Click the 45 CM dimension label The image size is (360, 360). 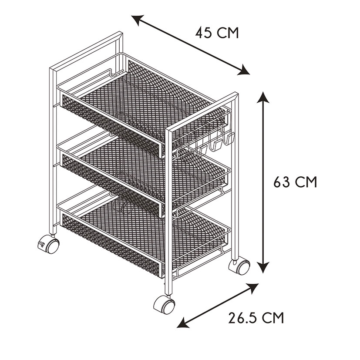[217, 33]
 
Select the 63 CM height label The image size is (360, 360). [295, 182]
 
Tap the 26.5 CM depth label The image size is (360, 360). [256, 318]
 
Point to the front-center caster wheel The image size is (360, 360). [164, 304]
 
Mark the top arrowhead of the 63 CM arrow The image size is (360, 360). [263, 97]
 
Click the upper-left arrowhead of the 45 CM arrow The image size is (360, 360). [137, 20]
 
